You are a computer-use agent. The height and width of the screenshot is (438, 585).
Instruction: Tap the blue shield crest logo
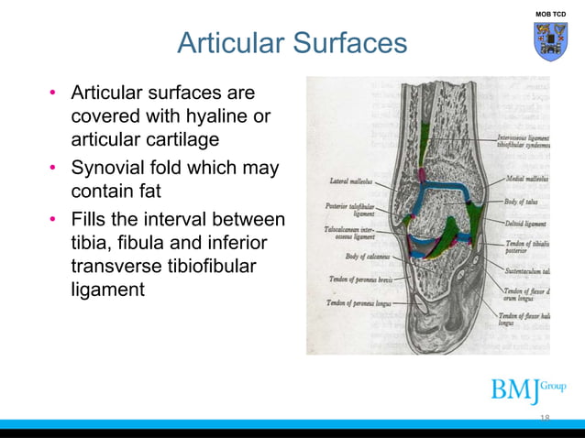coord(551,42)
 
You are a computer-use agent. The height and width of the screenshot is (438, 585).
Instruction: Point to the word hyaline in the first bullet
coord(213,116)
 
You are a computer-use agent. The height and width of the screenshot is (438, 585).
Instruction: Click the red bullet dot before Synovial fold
coord(55,172)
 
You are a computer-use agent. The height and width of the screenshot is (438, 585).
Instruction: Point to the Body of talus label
coord(522,201)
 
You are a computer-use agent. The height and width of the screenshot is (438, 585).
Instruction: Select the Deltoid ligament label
coord(525,222)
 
